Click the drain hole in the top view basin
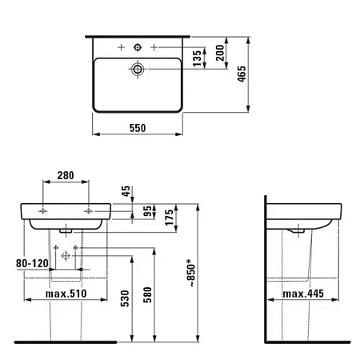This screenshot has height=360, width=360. tap(138, 70)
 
